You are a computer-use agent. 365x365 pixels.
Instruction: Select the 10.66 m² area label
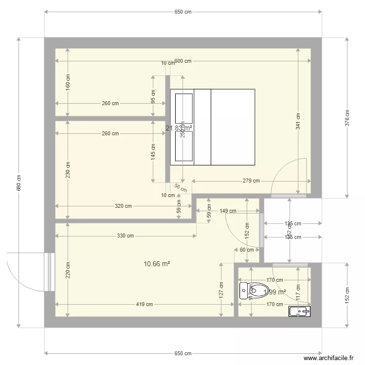157,264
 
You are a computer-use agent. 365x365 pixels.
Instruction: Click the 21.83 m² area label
179,128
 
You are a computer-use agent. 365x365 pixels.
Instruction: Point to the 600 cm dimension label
182,61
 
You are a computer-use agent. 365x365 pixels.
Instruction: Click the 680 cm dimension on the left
18,182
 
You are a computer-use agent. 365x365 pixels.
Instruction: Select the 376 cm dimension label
347,118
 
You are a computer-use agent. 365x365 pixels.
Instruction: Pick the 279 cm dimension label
251,181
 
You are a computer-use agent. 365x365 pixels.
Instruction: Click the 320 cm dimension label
123,206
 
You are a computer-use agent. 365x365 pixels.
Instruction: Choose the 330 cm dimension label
126,236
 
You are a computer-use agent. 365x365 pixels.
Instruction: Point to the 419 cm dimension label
145,305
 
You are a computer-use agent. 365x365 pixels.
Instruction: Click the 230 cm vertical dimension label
68,170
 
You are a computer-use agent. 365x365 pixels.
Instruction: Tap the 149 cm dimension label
228,211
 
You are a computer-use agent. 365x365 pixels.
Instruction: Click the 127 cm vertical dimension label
221,291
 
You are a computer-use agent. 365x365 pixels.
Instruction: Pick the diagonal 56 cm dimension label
180,188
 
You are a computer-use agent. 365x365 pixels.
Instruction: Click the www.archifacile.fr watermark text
328,358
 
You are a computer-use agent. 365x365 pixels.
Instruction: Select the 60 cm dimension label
247,250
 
